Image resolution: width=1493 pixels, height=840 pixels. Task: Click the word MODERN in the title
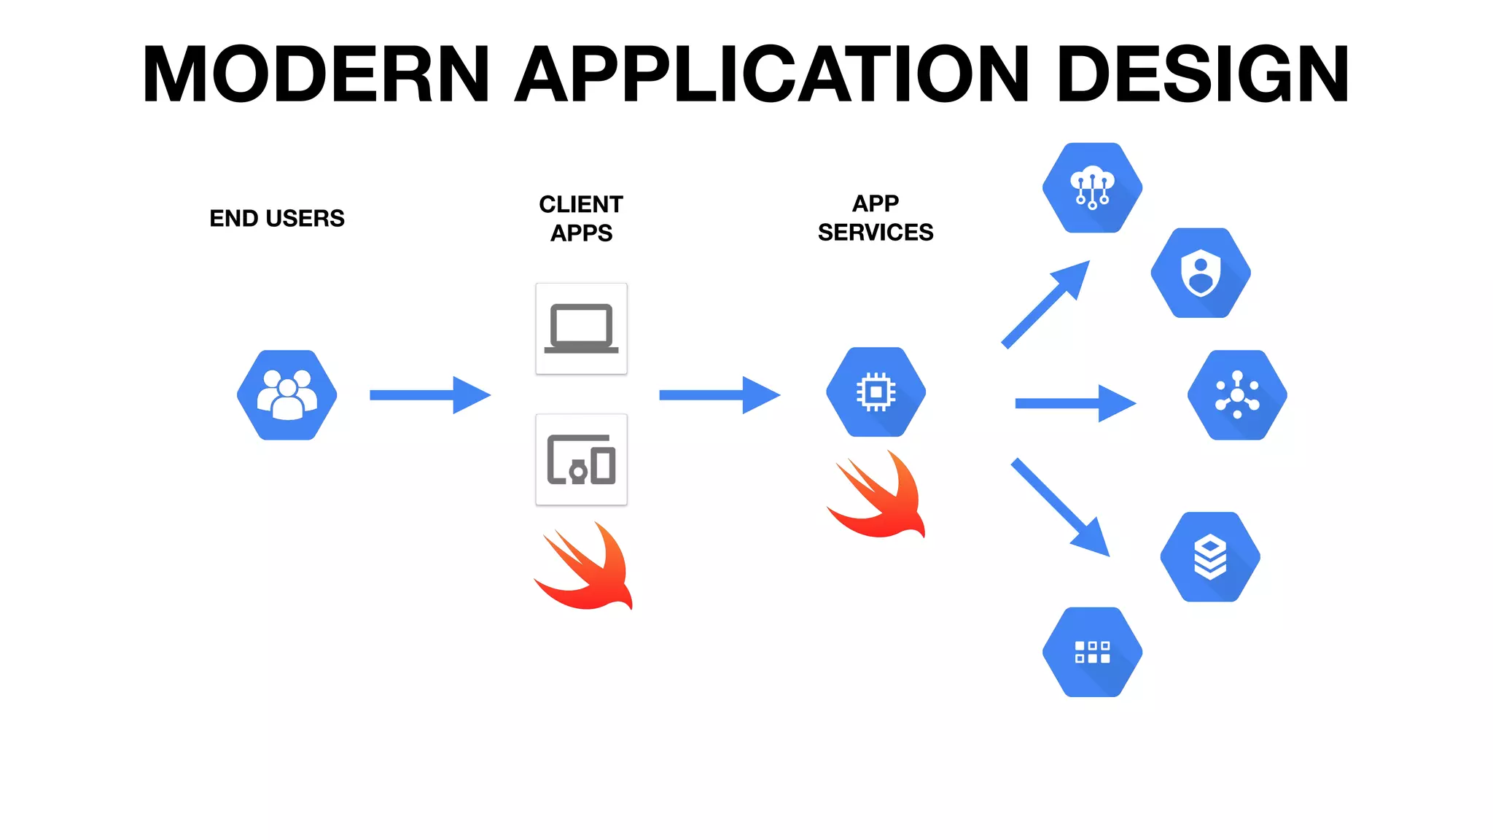point(315,74)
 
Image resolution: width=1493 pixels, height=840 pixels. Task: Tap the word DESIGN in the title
point(1203,74)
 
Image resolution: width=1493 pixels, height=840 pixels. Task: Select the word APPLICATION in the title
point(773,74)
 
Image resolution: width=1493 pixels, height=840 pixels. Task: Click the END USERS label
point(277,218)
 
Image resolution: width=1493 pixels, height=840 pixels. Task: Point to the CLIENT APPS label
point(581,218)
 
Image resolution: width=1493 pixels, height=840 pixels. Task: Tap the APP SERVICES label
point(876,217)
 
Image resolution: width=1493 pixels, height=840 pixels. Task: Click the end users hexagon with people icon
point(287,394)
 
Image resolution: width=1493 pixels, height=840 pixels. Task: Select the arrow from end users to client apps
point(430,394)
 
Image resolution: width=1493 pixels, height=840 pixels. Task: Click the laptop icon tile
point(581,329)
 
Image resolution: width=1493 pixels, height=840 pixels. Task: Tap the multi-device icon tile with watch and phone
point(581,459)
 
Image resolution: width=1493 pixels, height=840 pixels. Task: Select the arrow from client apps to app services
point(720,394)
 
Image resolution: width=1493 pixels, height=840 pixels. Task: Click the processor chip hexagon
point(876,392)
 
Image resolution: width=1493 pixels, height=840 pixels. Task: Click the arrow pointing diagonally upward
point(1045,304)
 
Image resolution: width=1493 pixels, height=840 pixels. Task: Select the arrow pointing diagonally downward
point(1061,507)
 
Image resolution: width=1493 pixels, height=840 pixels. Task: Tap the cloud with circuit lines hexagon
point(1092,187)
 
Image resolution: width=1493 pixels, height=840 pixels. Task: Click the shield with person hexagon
point(1201,273)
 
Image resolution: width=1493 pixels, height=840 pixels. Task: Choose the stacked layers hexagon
point(1210,556)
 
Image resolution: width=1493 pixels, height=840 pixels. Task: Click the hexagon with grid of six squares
point(1092,652)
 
